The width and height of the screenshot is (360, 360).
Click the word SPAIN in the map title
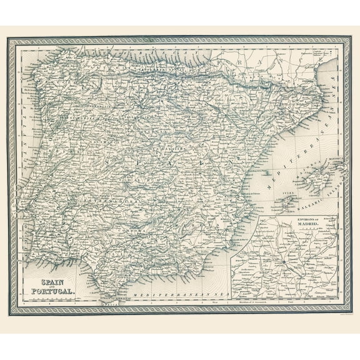click(44, 281)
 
